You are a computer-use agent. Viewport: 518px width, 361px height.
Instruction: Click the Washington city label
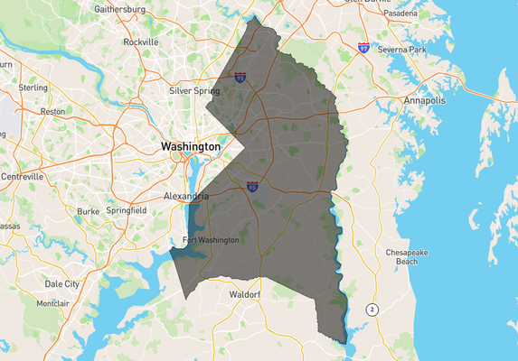pyautogui.click(x=190, y=146)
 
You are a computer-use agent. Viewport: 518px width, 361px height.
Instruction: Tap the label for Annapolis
pyautogui.click(x=425, y=100)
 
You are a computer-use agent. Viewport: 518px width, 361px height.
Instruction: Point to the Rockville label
pyautogui.click(x=141, y=42)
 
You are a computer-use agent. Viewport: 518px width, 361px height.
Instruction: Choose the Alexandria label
pyautogui.click(x=185, y=195)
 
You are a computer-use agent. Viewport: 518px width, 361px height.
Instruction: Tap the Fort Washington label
pyautogui.click(x=211, y=240)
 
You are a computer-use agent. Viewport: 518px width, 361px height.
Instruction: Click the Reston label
pyautogui.click(x=52, y=111)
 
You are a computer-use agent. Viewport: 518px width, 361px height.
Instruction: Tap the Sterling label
pyautogui.click(x=33, y=88)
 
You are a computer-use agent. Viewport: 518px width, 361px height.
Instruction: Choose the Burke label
pyautogui.click(x=89, y=211)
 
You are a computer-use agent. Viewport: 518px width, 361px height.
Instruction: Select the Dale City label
pyautogui.click(x=61, y=283)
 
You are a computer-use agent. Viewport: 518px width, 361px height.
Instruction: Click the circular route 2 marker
pyautogui.click(x=371, y=310)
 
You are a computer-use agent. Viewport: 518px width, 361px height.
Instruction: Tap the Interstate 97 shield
pyautogui.click(x=363, y=47)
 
